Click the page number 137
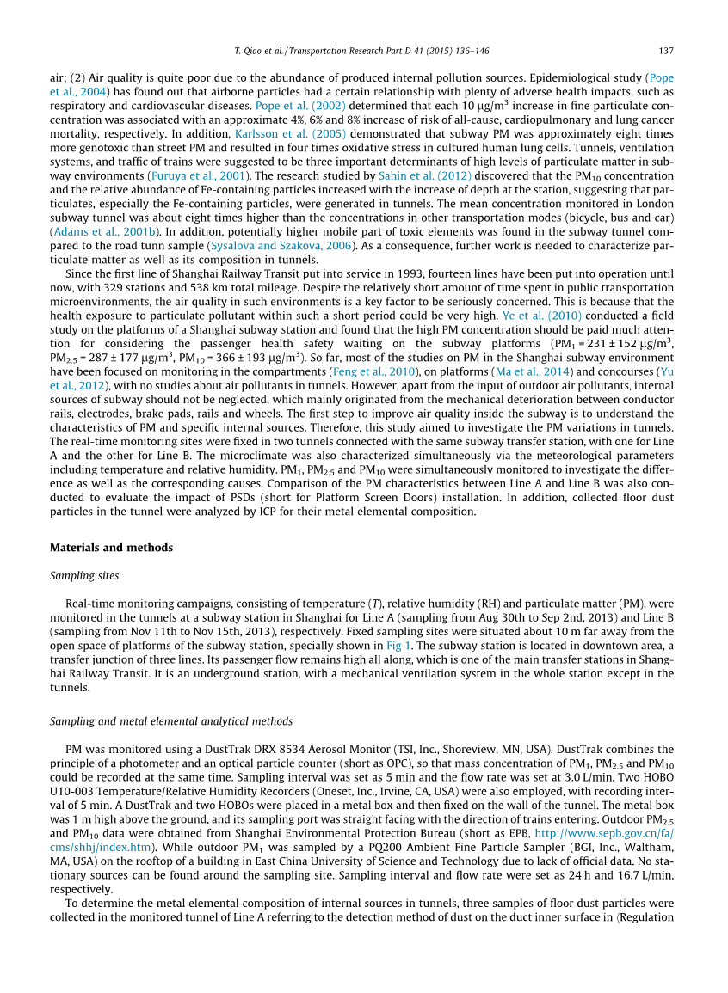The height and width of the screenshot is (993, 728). pos(666,49)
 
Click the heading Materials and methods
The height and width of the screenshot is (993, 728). pos(111,548)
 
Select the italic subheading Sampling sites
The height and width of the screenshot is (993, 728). pos(84,576)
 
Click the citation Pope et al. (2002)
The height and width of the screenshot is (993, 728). pos(292,106)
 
